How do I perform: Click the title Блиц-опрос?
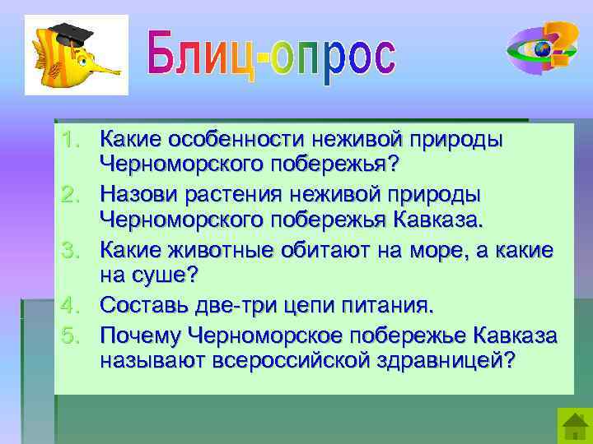pyautogui.click(x=272, y=56)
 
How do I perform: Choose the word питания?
pyautogui.click(x=385, y=306)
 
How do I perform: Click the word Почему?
pyautogui.click(x=140, y=334)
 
